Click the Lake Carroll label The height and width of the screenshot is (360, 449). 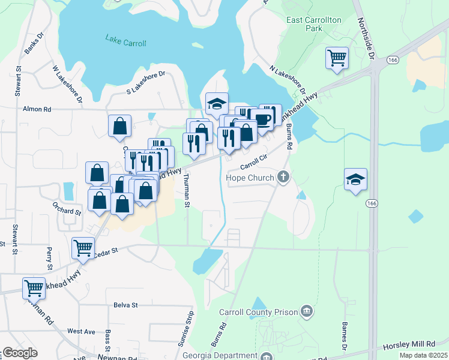coord(126,40)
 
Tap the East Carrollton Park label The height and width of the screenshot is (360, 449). coord(314,24)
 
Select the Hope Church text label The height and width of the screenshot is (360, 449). coord(250,178)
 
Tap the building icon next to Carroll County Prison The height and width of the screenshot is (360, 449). coord(307,310)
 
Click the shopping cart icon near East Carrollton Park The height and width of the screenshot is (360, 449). coord(337,58)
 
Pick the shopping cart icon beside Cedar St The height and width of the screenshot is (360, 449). coord(83,247)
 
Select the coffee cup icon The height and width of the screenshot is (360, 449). coord(262,119)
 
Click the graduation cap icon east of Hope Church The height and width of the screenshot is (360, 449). coord(355,179)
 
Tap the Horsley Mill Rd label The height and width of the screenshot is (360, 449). coord(409,345)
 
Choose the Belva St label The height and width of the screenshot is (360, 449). coord(126,305)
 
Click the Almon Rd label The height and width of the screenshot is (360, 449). coord(37,110)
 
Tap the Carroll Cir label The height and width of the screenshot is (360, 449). coord(253,163)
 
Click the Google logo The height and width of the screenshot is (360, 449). coord(20,353)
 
